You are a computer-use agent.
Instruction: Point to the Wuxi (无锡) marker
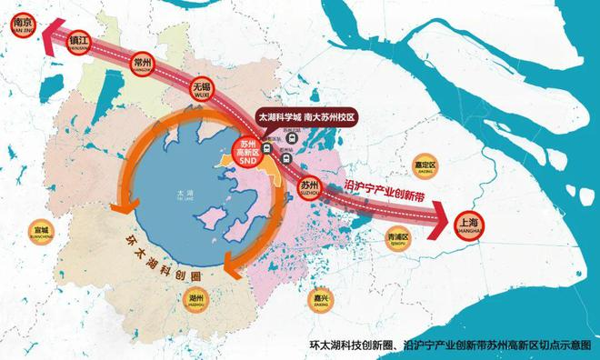[x=202, y=89]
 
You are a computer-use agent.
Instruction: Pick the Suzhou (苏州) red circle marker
[x=310, y=185]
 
